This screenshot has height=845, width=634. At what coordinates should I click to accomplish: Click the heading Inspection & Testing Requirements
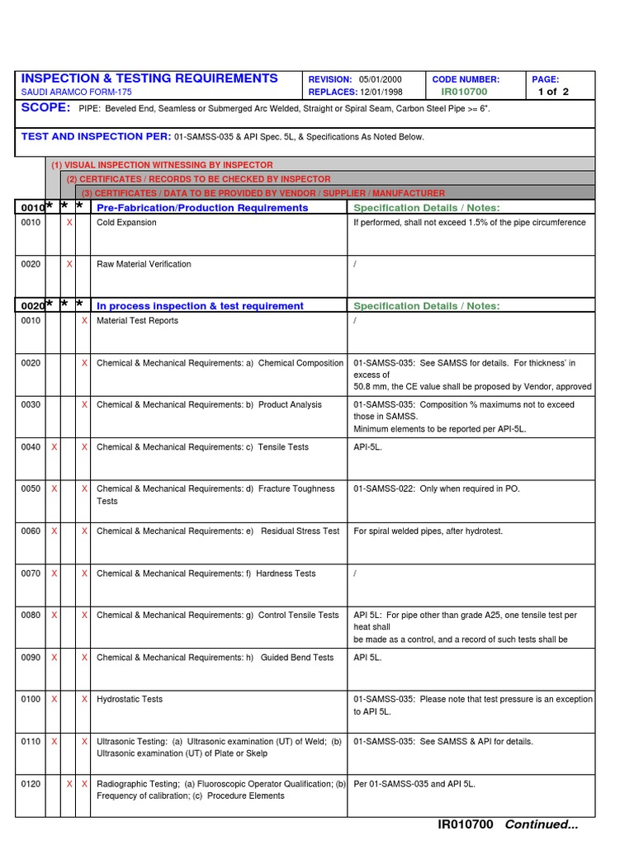pyautogui.click(x=149, y=78)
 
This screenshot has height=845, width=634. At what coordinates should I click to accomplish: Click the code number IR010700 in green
pyautogui.click(x=464, y=92)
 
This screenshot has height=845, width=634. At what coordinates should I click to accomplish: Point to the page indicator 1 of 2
pyautogui.click(x=553, y=92)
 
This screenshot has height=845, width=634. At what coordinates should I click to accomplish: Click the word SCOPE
pyautogui.click(x=46, y=108)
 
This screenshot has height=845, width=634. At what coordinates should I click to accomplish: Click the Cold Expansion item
pyautogui.click(x=126, y=223)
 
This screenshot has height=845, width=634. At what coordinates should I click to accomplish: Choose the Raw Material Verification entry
pyautogui.click(x=144, y=264)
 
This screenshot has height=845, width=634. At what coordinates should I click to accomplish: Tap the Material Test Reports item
pyautogui.click(x=137, y=320)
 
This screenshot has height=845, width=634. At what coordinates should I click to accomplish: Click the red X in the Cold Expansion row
pyautogui.click(x=69, y=223)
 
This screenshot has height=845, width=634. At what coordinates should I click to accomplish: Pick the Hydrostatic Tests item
pyautogui.click(x=130, y=699)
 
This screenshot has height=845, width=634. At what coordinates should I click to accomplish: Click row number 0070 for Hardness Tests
pyautogui.click(x=31, y=573)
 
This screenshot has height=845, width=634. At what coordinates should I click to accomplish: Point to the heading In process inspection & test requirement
pyautogui.click(x=200, y=306)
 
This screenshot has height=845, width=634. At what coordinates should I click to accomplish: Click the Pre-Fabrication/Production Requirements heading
pyautogui.click(x=202, y=208)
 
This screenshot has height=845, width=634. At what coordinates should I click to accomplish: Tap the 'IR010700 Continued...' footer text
pyautogui.click(x=508, y=824)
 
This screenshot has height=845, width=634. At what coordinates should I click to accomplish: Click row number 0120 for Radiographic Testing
pyautogui.click(x=31, y=784)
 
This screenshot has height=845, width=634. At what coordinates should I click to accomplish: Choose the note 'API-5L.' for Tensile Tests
pyautogui.click(x=367, y=446)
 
